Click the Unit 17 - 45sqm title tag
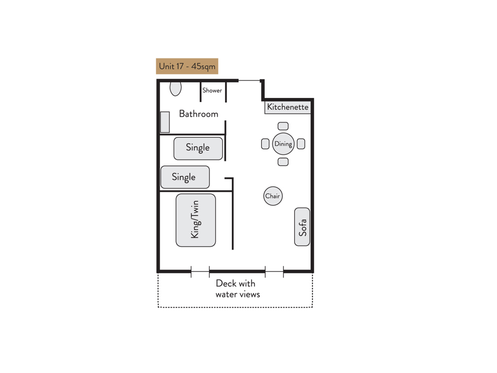pos(187,66)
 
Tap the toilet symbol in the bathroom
pos(175,88)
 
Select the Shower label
pos(212,90)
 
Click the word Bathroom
pos(199,114)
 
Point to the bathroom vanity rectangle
pos(165,122)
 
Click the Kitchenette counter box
pos(288,107)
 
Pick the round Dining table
pos(283,144)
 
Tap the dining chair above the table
pos(283,126)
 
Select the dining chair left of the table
pos(265,144)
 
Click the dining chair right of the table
pos(301,144)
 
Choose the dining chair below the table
pos(283,162)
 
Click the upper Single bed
pos(198,148)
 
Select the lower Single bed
pos(185,177)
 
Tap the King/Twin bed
pos(196,220)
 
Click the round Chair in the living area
pos(273,196)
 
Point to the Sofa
pos(302,227)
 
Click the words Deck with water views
pos(237,289)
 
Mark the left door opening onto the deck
pos(200,272)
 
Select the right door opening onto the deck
pos(274,272)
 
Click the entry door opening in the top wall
pos(249,81)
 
